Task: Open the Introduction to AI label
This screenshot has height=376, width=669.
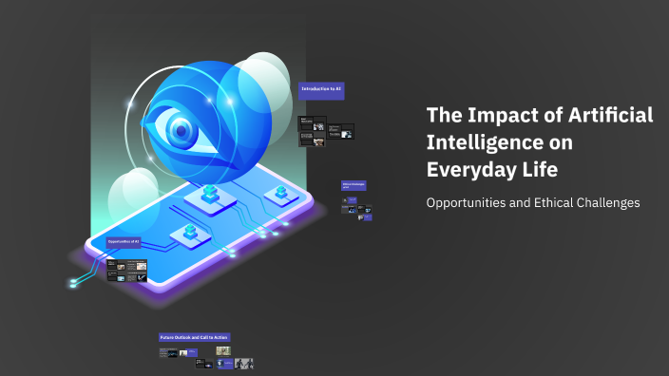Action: [321, 88]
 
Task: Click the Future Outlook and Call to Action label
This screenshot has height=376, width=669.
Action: [194, 337]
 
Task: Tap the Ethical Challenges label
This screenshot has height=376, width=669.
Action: [354, 186]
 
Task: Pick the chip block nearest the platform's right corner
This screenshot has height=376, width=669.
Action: [280, 194]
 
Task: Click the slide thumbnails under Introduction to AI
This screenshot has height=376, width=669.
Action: [325, 132]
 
